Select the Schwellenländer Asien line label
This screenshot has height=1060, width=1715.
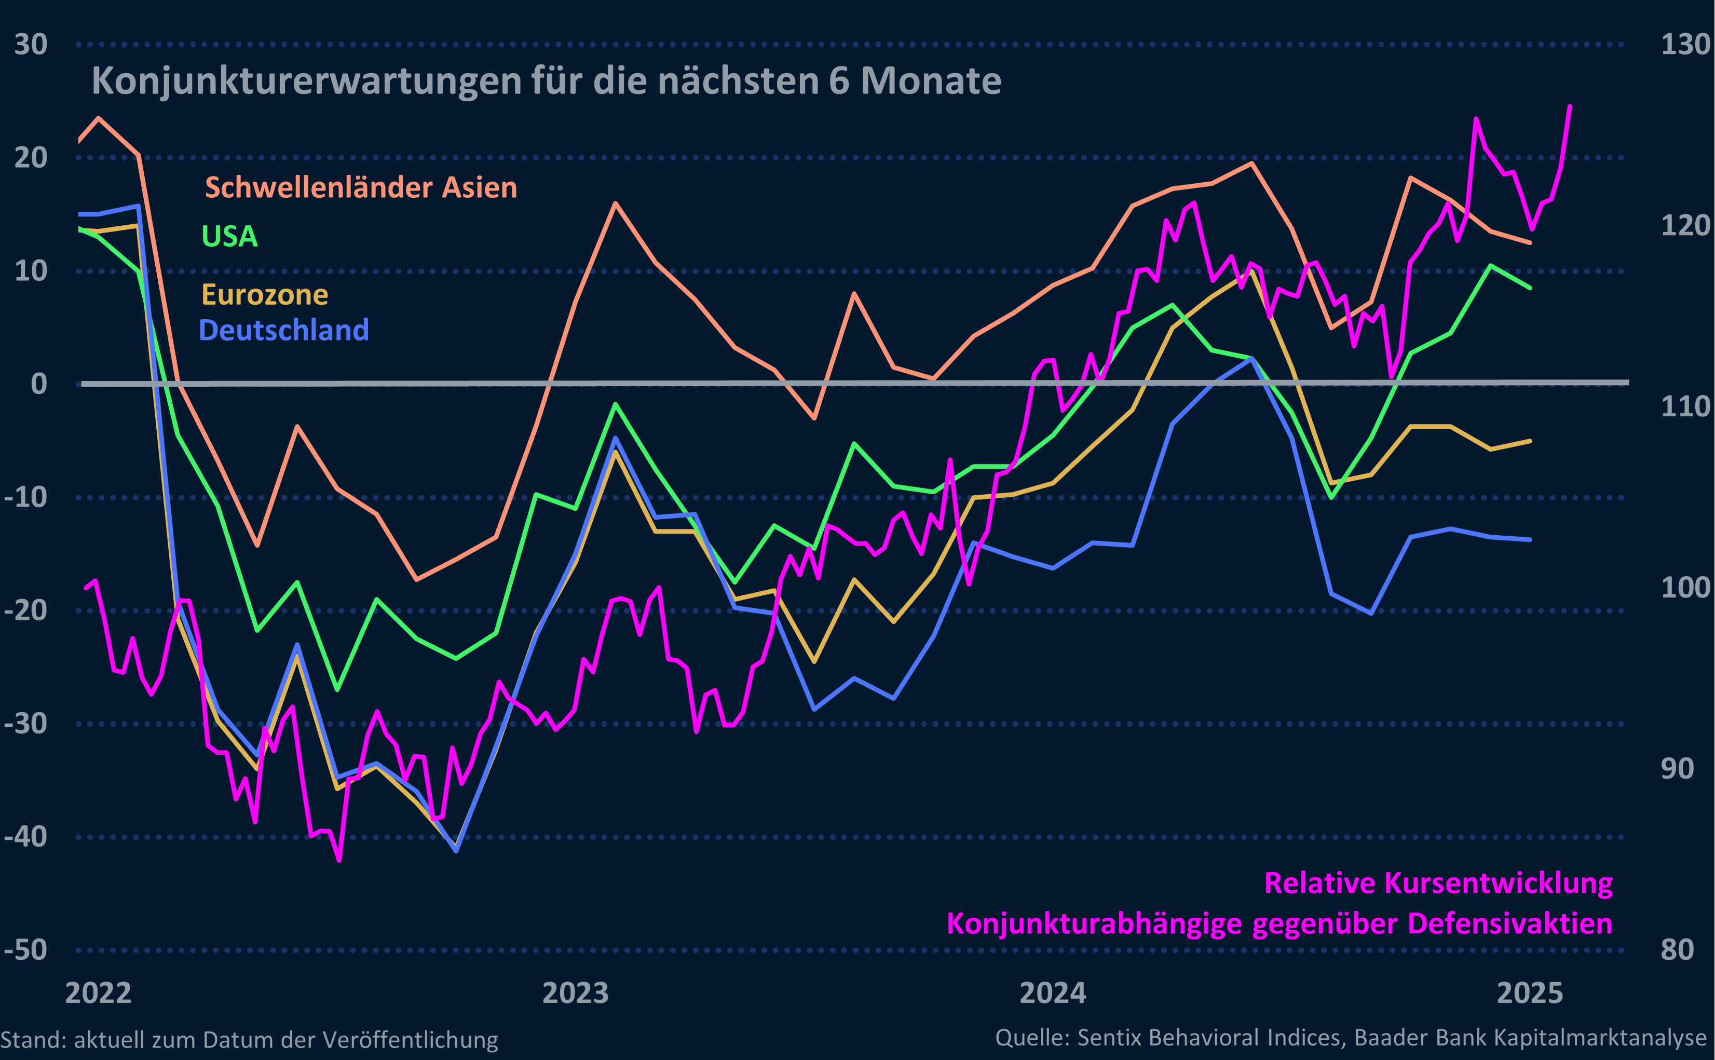(361, 188)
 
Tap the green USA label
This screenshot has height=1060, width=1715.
(229, 236)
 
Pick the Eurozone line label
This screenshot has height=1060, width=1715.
(264, 294)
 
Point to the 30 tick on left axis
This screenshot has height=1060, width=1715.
(31, 44)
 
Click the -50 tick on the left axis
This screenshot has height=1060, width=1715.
(26, 950)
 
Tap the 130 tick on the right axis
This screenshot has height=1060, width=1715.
(1685, 44)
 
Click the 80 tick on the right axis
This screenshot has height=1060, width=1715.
(1677, 950)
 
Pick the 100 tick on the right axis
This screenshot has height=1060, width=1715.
(1685, 588)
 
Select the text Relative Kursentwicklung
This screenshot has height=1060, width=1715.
(1438, 884)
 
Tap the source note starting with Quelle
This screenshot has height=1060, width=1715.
(1351, 1038)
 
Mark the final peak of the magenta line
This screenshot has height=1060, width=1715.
(1569, 106)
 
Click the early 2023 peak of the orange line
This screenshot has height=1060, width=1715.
(615, 203)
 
